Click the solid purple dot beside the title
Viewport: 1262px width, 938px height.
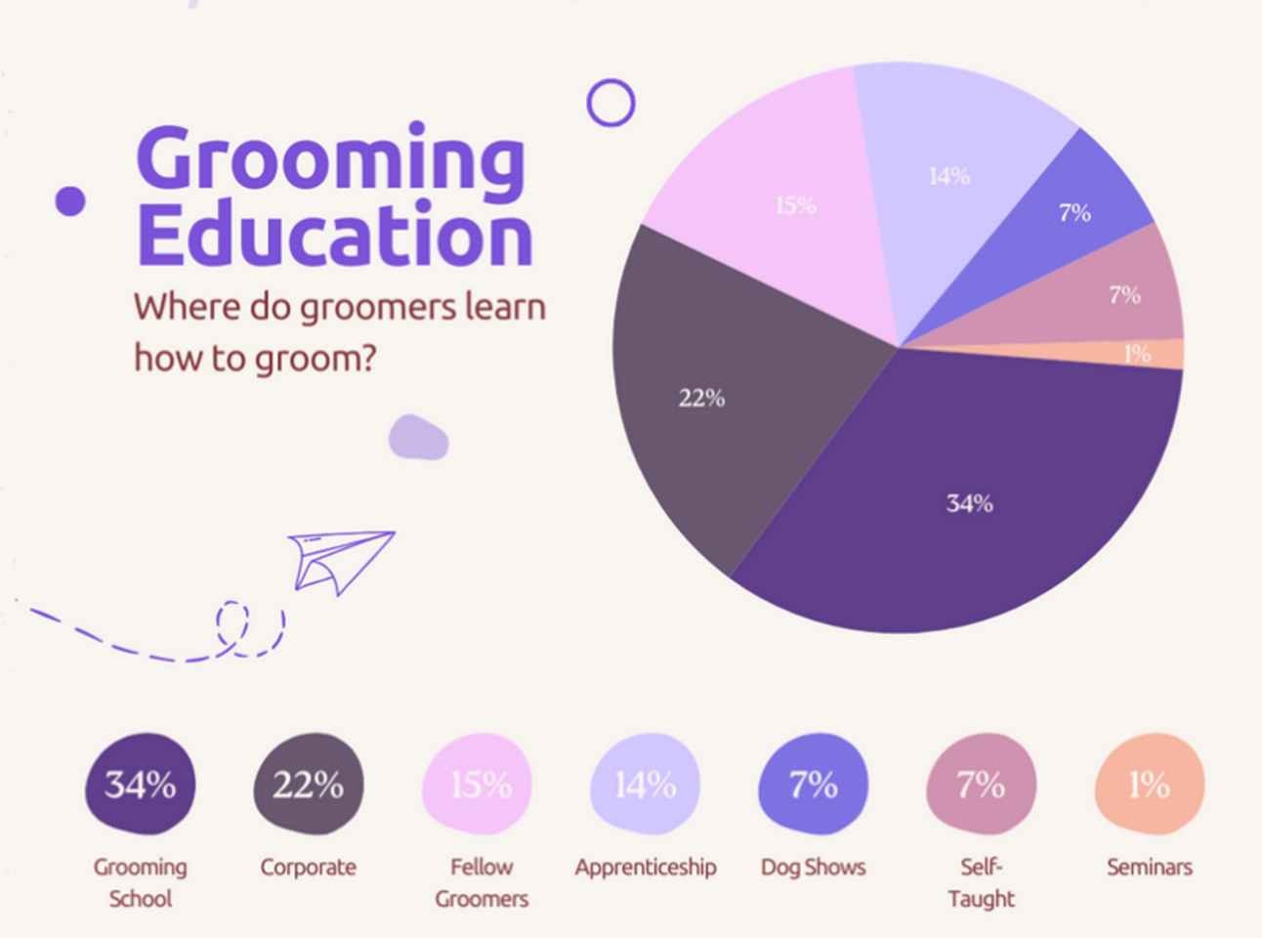click(70, 201)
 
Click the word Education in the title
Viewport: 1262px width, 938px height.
click(335, 234)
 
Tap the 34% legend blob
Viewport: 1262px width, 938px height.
click(140, 784)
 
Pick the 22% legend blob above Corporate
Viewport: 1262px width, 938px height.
click(309, 784)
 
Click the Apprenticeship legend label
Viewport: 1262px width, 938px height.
click(646, 868)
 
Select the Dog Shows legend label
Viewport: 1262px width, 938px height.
click(814, 868)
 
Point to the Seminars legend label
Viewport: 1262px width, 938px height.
click(1150, 868)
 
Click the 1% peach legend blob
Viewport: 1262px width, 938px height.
click(1150, 784)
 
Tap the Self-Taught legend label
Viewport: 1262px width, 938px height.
click(982, 882)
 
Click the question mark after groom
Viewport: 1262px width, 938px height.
click(368, 358)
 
